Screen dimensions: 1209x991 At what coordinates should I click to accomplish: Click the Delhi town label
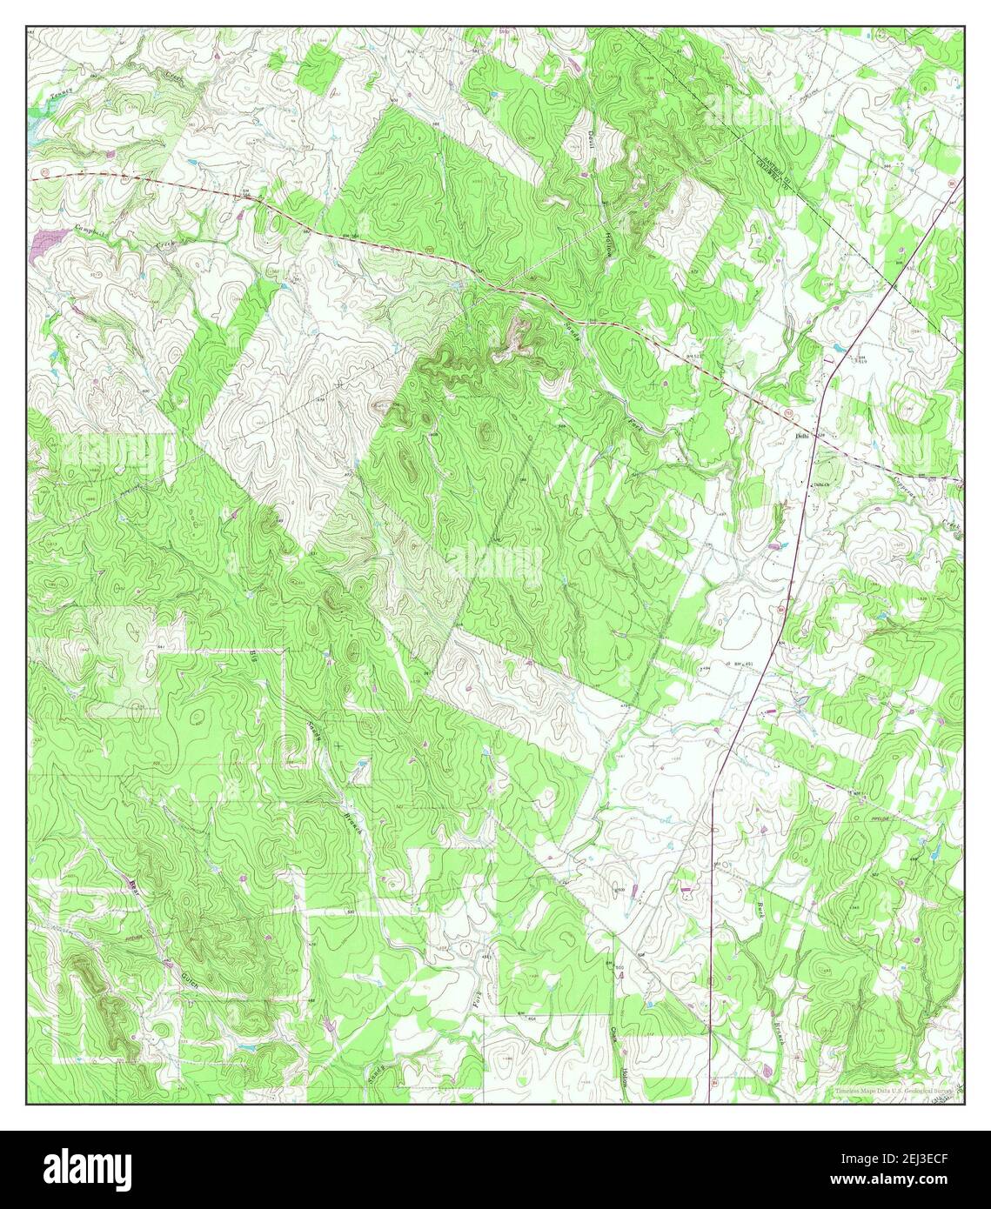point(801,438)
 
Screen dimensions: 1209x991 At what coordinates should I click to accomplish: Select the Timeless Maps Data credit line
point(893,1090)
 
